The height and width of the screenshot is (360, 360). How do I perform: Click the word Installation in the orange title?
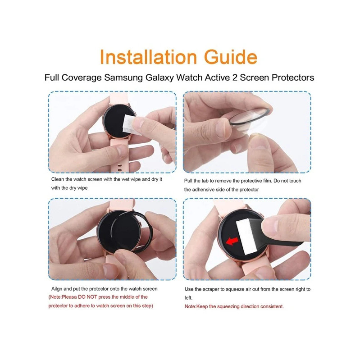pos(149,57)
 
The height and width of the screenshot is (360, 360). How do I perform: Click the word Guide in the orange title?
pos(231,57)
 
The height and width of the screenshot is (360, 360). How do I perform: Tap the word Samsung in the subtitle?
pos(123,77)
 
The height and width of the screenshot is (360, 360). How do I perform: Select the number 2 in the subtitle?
pos(235,77)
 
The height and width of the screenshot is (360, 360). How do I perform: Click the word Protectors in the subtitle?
pos(293,77)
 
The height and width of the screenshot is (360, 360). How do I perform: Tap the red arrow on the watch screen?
pos(232,241)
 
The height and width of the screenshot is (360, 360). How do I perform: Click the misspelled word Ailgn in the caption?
pos(57,289)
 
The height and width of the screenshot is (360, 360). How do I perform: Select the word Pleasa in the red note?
pos(69,297)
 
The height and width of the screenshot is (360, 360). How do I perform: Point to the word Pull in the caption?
pos(188,181)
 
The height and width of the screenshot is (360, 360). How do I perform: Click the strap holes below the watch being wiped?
pos(119,167)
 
